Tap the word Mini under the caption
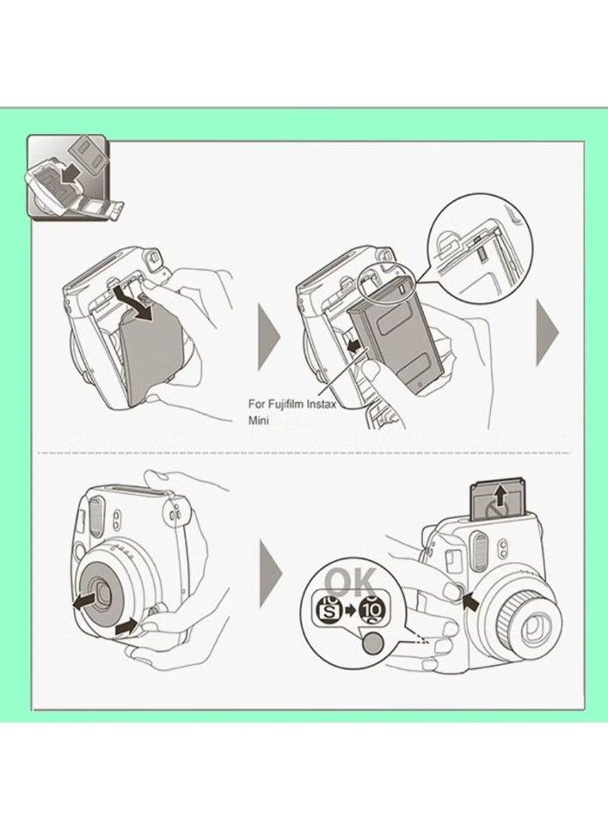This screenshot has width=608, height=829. pos(259,422)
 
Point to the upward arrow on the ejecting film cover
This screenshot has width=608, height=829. pos(497,497)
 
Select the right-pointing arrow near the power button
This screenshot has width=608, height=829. pos(128,627)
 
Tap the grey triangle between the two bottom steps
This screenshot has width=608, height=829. pos(270,575)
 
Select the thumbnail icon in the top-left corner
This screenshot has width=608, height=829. pos(69,179)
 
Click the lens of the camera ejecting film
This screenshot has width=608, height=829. pos(529,623)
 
